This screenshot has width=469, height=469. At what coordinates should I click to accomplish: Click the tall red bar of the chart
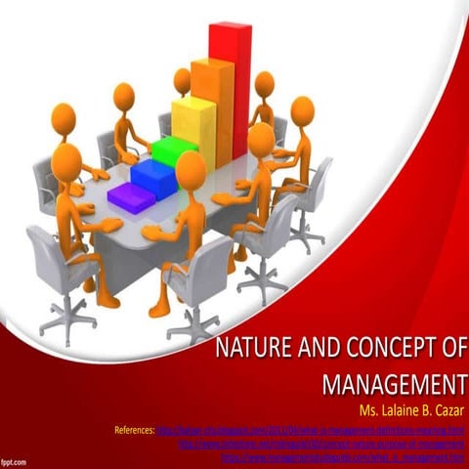231,88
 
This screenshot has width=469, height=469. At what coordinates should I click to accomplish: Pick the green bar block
174,151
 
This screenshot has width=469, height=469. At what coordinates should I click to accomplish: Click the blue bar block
153,176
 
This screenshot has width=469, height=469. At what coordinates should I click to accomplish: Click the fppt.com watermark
14,459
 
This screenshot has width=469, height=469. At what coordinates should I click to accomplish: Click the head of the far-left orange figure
64,120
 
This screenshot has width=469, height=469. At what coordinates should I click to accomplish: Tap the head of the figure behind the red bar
265,85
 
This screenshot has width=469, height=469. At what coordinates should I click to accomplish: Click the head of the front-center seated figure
191,169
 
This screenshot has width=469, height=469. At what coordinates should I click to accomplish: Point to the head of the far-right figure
302,109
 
